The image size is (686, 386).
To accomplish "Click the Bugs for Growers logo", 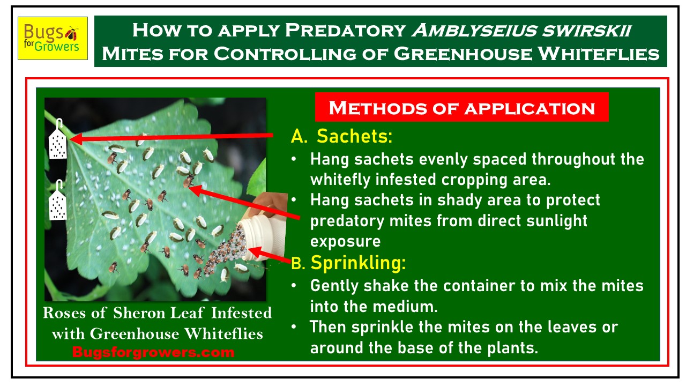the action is [x=53, y=38].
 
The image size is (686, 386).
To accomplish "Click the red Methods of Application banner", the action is [x=462, y=107].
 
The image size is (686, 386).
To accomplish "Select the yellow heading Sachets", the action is [x=354, y=136].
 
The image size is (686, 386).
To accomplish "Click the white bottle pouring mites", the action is [x=263, y=236].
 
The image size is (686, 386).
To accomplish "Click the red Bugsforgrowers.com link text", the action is [x=153, y=352].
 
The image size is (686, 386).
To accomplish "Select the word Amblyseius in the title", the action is [x=474, y=31].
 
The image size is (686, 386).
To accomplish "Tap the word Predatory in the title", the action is [x=346, y=31].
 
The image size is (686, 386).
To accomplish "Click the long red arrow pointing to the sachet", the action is [x=171, y=137].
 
